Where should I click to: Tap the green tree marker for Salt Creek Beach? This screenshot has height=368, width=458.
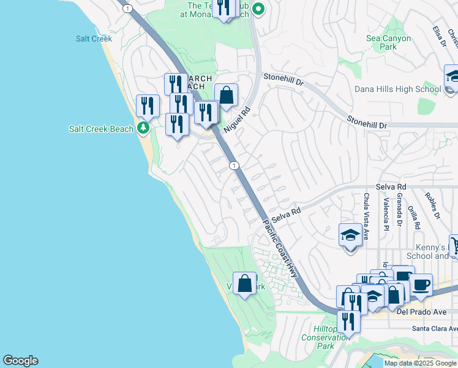click(143, 128)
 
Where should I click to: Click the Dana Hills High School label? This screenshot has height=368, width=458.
click(397, 89)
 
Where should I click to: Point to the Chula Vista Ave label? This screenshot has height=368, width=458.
click(366, 209)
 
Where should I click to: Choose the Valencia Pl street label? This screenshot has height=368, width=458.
click(386, 213)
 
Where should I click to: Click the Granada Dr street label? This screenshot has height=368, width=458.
click(399, 212)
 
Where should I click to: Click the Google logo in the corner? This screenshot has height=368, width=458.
click(20, 361)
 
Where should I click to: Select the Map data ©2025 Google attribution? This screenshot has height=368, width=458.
click(420, 363)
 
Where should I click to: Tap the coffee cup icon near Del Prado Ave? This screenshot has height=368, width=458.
click(421, 285)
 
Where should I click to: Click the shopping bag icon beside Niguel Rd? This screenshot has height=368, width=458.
click(226, 96)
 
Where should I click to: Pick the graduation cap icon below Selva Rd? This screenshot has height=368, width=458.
click(350, 236)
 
